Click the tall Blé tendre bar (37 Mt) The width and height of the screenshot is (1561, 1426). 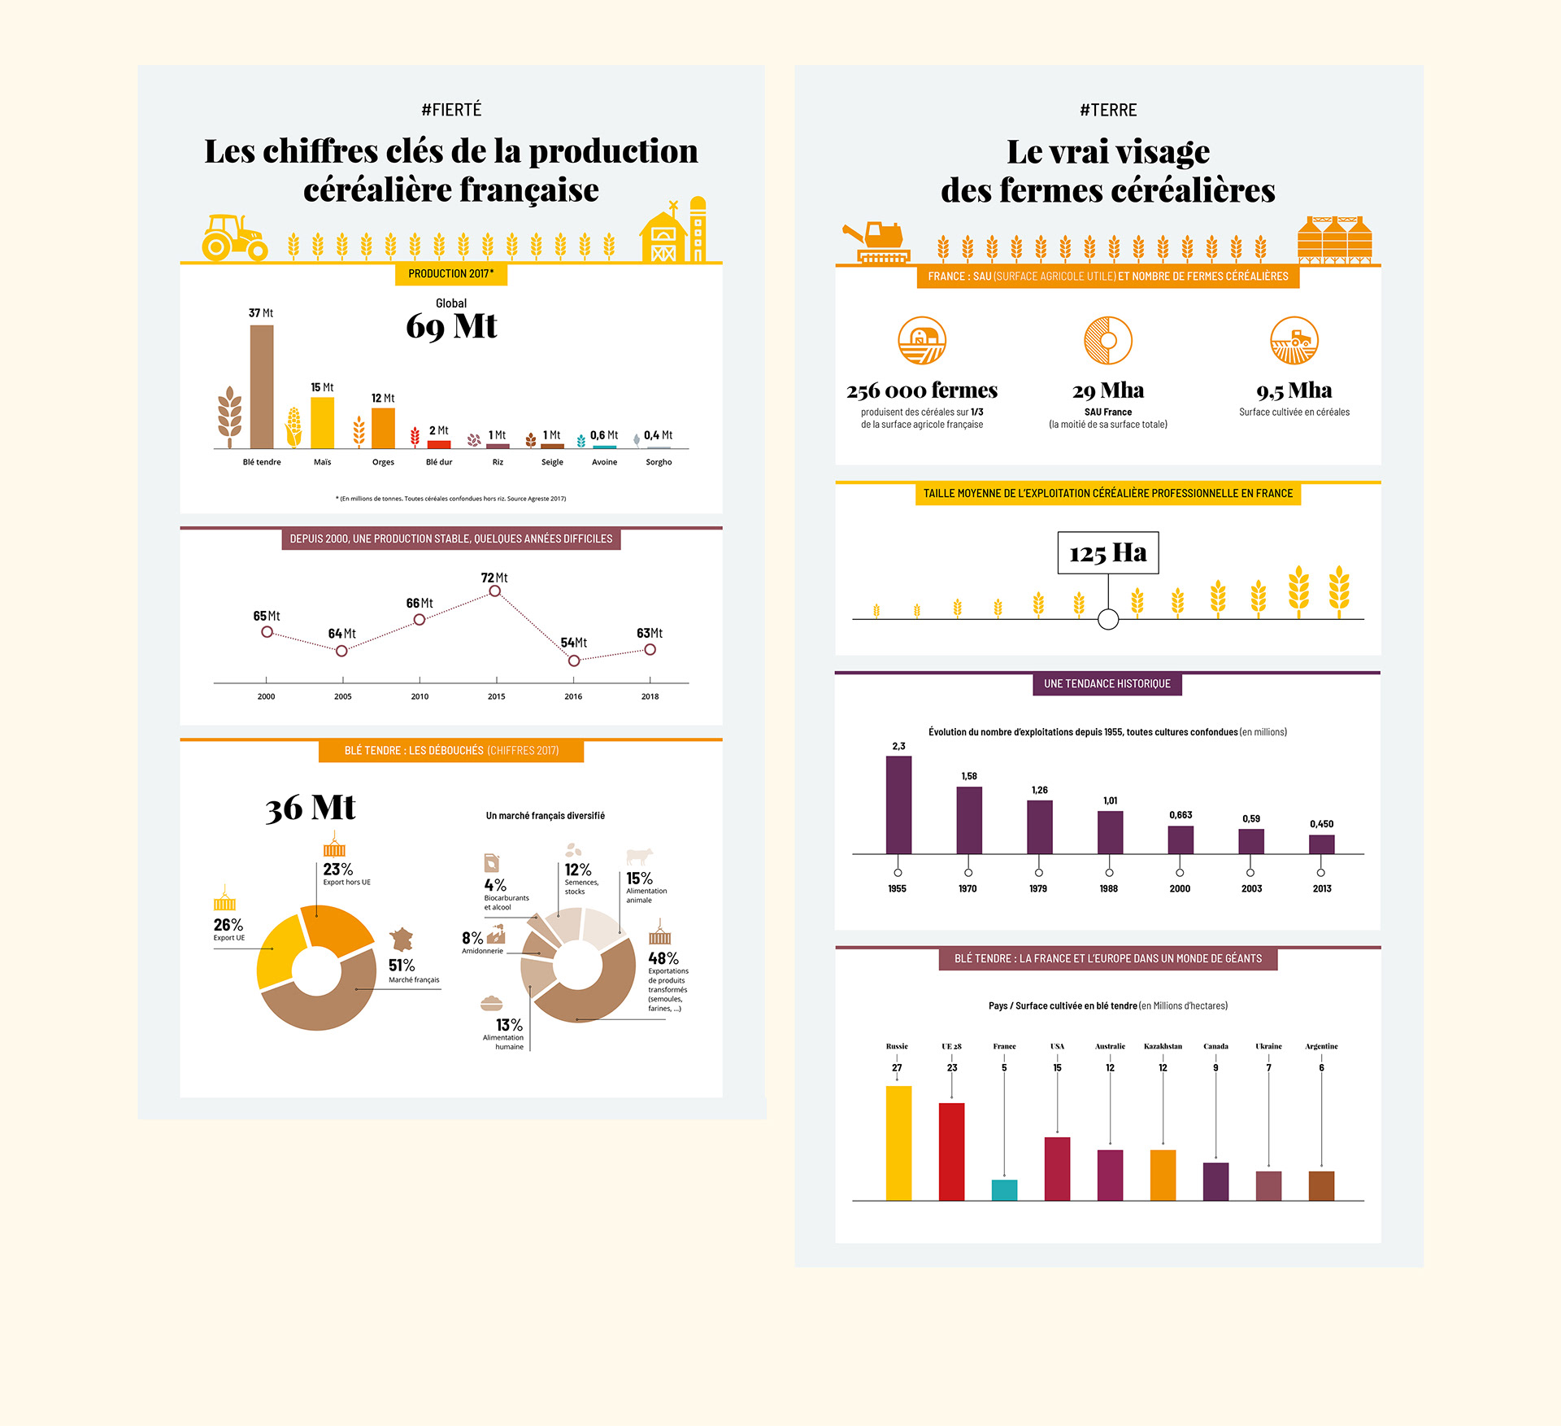point(262,386)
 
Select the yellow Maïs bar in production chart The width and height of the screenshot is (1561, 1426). point(322,422)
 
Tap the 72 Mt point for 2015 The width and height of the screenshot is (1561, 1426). point(494,591)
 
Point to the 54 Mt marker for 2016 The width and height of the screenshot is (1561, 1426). point(574,661)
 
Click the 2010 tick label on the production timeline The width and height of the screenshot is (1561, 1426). point(420,696)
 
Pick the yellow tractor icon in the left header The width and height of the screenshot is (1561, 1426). point(234,238)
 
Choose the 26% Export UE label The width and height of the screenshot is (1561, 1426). point(228,925)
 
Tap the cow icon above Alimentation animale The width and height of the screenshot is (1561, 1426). point(639,856)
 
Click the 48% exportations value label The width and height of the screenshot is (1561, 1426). point(663,959)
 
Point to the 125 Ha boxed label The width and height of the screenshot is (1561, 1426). point(1107,553)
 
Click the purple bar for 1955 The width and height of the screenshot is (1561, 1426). point(898,805)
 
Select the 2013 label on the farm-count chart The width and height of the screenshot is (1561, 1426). point(1322,888)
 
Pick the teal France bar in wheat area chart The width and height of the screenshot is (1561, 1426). point(1004,1189)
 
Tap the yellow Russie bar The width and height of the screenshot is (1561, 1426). point(898,1143)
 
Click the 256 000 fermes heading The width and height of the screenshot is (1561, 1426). point(922,391)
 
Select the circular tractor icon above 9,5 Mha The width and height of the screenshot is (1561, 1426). point(1294,340)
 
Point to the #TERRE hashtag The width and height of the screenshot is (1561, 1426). point(1108,111)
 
